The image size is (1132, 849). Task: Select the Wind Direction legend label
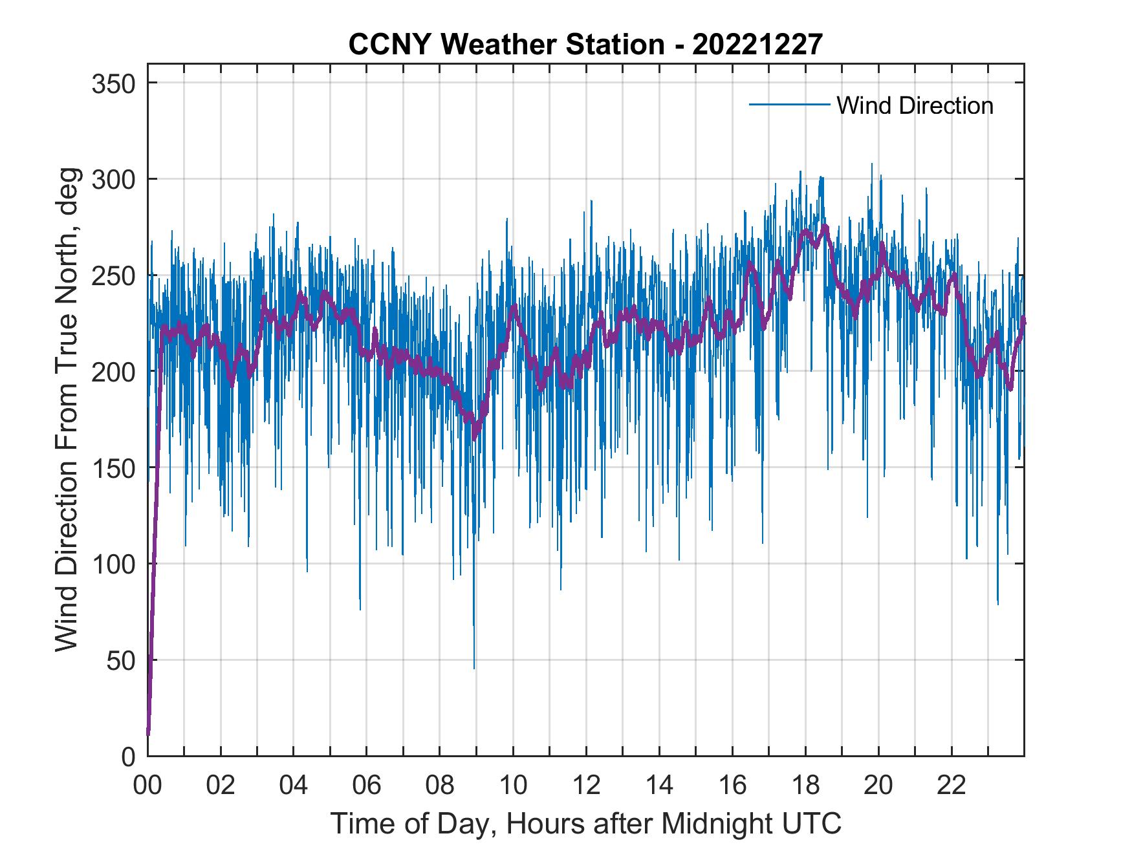(x=915, y=105)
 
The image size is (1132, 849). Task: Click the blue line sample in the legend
(x=789, y=105)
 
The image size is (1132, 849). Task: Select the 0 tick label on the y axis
(x=128, y=756)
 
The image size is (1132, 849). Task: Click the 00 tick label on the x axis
(x=147, y=786)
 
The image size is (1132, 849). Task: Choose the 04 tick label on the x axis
(x=294, y=786)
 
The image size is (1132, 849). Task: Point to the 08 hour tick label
(x=440, y=786)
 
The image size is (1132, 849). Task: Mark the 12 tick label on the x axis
(x=586, y=786)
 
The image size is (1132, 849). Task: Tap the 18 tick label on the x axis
(x=805, y=786)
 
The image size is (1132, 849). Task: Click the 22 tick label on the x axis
(x=952, y=786)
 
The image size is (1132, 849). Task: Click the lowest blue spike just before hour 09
(x=474, y=667)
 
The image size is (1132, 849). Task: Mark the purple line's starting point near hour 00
(x=148, y=733)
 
